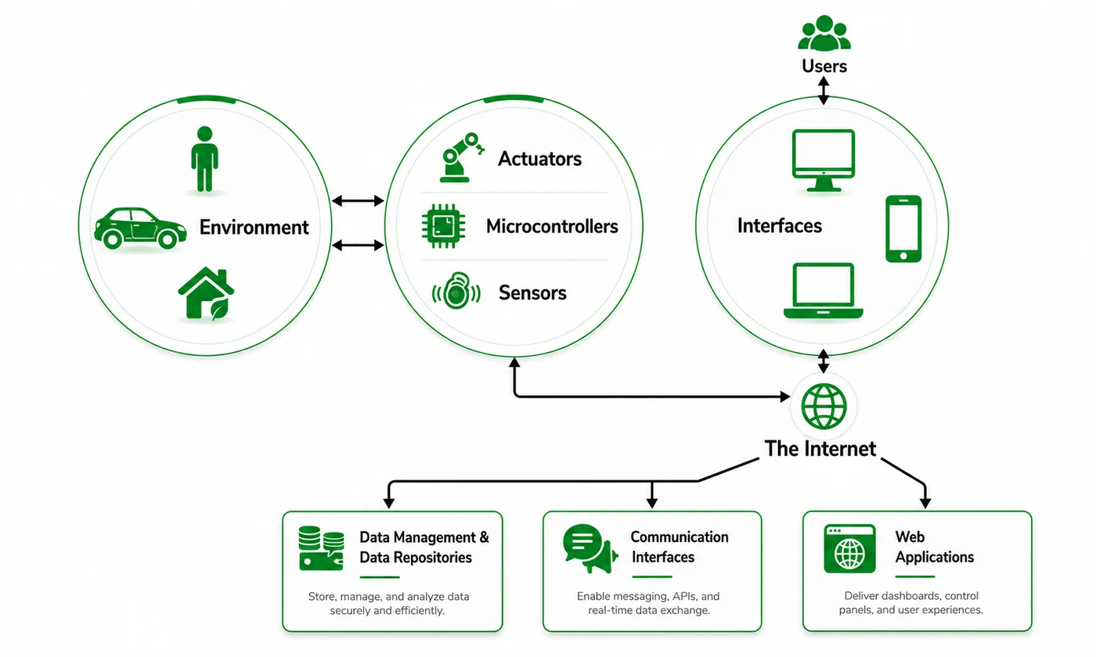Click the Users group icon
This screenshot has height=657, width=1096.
824,33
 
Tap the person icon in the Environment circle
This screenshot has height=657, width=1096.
204,159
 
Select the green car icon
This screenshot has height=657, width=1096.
140,228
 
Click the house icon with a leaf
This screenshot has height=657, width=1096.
206,294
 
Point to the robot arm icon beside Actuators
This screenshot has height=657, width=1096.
461,157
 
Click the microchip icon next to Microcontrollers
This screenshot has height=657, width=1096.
443,226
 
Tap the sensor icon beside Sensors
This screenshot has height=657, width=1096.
456,291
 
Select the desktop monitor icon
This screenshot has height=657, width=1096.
824,160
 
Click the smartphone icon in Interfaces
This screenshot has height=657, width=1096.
903,228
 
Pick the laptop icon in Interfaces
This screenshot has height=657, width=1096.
823,291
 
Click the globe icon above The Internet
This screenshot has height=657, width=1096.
824,406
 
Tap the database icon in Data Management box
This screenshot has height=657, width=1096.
321,548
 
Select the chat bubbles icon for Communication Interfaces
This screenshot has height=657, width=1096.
590,548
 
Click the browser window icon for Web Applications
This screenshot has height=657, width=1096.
849,548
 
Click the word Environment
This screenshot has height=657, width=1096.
254,228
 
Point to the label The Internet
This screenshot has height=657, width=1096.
820,449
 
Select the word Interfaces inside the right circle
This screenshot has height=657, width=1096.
780,226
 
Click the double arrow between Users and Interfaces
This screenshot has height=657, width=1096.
824,91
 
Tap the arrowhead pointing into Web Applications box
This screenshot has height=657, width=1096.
925,503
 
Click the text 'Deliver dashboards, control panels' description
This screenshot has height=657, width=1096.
910,603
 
